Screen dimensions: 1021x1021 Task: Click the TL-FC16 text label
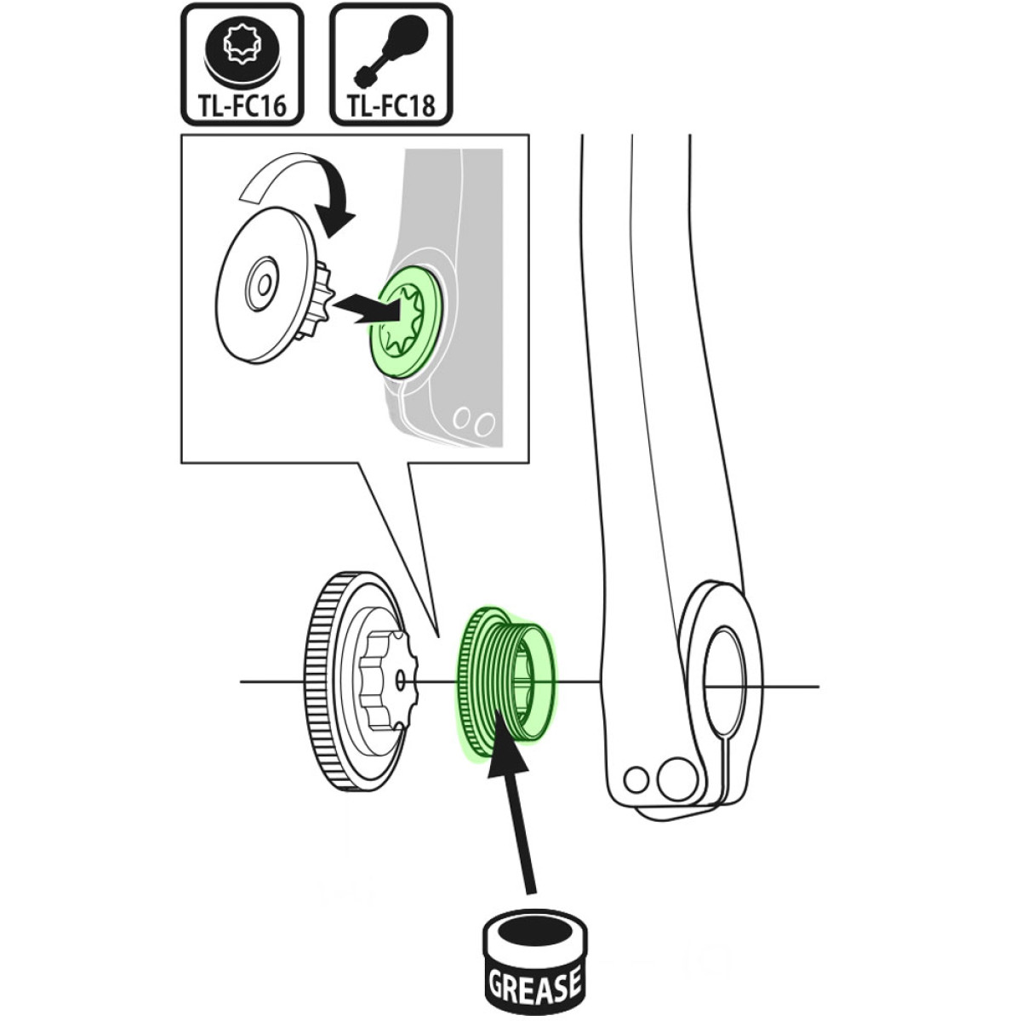point(242,106)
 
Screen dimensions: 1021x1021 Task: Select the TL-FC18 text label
point(391,106)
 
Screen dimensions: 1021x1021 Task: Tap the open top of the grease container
point(533,930)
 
